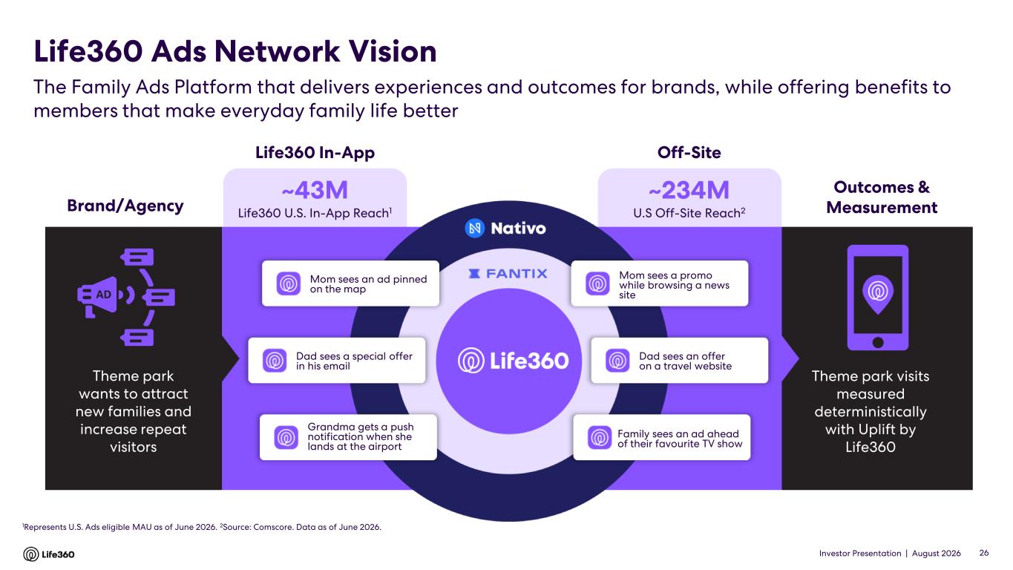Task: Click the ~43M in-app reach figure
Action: (315, 190)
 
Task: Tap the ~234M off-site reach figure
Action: (689, 190)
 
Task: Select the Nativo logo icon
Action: (474, 228)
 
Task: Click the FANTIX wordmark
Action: (508, 274)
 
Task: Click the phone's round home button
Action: (878, 342)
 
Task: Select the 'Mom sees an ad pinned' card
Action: (350, 284)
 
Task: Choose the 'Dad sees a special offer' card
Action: (337, 361)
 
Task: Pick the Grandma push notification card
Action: (348, 437)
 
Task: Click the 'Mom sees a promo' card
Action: (660, 284)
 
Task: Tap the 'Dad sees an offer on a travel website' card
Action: (680, 361)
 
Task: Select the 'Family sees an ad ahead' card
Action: (662, 437)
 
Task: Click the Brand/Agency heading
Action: (125, 206)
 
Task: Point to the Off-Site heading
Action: (689, 152)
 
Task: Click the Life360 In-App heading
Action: (315, 153)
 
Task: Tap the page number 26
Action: (984, 553)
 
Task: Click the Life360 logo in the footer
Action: (49, 554)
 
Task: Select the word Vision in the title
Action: (393, 51)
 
